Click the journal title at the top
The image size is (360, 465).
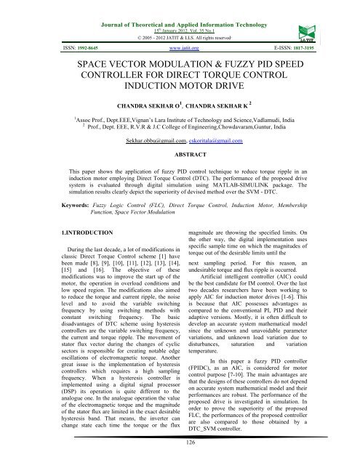(180, 6)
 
